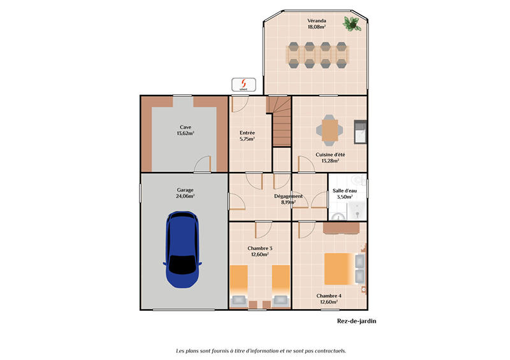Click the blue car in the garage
(x=182, y=250)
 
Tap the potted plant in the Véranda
(x=351, y=24)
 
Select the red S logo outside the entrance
(x=243, y=83)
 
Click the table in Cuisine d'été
(x=329, y=129)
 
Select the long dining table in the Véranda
(x=317, y=54)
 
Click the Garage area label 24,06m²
(x=186, y=197)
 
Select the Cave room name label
(x=186, y=127)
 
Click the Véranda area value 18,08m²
(x=317, y=27)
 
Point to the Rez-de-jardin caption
(x=356, y=321)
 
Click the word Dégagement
(x=288, y=196)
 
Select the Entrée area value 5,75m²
(x=247, y=139)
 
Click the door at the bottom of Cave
(x=203, y=165)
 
